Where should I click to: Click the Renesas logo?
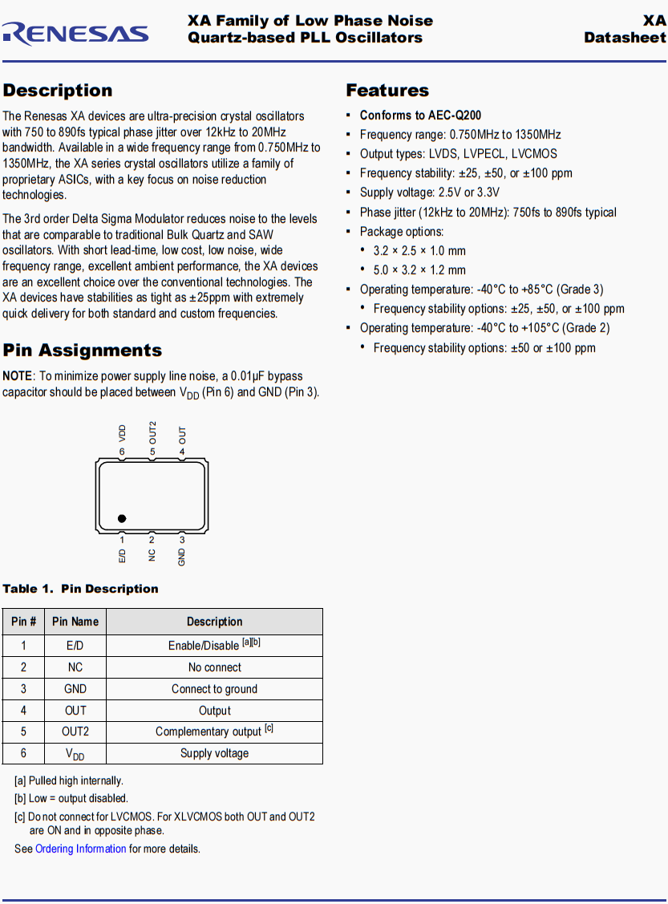(x=75, y=33)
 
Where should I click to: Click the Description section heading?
(x=58, y=91)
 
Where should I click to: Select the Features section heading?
(x=387, y=91)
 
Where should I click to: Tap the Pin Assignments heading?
(x=82, y=351)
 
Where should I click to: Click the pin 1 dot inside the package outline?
(x=122, y=519)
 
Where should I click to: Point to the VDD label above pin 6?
(x=122, y=433)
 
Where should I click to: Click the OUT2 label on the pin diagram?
(x=152, y=432)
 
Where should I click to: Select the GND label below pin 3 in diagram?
(x=182, y=557)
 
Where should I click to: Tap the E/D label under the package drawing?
(x=122, y=556)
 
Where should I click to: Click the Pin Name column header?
(x=75, y=622)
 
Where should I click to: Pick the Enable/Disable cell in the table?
(x=214, y=645)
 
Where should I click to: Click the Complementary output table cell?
(x=214, y=732)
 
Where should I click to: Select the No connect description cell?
(x=214, y=667)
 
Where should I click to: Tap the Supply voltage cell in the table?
(x=214, y=753)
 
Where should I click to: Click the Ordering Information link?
(x=80, y=849)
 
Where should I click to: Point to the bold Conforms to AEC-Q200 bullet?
(x=420, y=116)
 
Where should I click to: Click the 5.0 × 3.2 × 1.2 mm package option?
(x=419, y=270)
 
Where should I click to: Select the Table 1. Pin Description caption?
(x=80, y=589)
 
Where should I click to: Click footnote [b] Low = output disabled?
(x=71, y=798)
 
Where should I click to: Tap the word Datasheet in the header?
(x=625, y=38)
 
